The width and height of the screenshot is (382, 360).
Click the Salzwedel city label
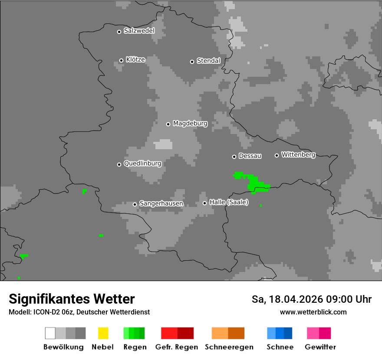(x=139, y=31)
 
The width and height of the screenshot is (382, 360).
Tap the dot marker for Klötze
(x=121, y=60)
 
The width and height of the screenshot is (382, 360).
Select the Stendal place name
(x=208, y=61)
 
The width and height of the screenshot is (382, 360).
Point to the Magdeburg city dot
(x=168, y=124)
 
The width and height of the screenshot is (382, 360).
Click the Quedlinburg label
(x=142, y=164)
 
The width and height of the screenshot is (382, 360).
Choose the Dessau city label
(x=250, y=156)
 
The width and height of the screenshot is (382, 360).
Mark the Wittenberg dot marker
(x=277, y=155)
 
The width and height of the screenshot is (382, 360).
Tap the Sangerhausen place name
(x=161, y=203)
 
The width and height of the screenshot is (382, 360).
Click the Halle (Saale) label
(x=229, y=202)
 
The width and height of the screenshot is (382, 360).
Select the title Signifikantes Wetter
(x=72, y=299)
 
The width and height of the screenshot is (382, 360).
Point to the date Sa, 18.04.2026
(x=287, y=299)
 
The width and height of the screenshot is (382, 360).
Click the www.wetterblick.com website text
(x=313, y=312)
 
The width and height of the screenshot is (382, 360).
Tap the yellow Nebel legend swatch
(x=103, y=333)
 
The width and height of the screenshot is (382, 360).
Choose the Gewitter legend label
(x=320, y=347)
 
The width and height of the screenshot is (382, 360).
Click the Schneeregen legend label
(x=229, y=347)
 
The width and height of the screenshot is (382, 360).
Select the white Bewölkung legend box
(x=50, y=333)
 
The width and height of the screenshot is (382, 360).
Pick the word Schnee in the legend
(x=280, y=347)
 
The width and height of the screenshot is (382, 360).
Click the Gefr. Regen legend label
(x=177, y=347)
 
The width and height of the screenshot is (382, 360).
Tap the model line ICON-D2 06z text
(x=79, y=312)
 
